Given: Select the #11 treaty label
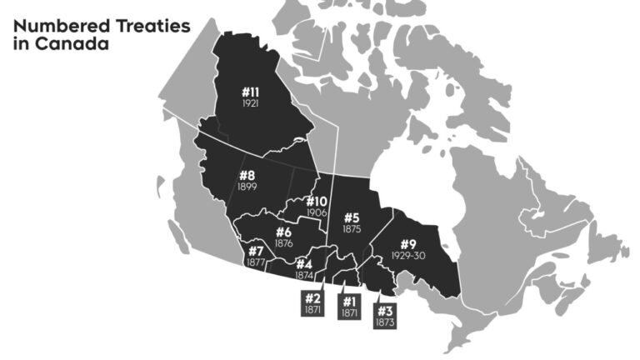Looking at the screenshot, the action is (x=251, y=92).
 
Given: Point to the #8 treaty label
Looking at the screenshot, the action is (x=247, y=175).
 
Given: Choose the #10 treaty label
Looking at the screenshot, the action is (x=317, y=202).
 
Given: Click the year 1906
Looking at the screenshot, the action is (x=317, y=212).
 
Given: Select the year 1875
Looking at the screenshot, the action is (x=352, y=228).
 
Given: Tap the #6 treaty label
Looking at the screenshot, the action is (x=283, y=232).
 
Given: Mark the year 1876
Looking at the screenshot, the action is (x=283, y=243).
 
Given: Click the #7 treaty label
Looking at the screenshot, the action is (x=256, y=251).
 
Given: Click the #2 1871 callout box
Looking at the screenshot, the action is (x=312, y=302).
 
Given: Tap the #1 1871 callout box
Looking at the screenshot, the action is (x=349, y=305).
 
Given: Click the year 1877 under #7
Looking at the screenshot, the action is (x=256, y=262).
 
